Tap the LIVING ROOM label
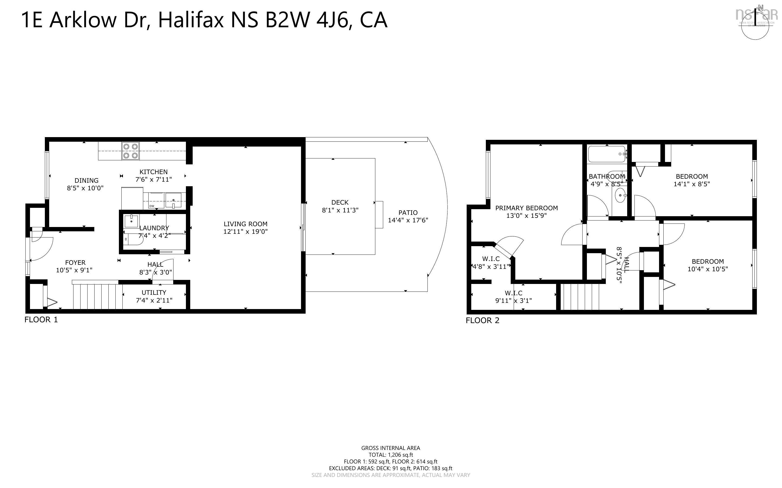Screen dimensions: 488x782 245,224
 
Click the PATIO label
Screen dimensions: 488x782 408,213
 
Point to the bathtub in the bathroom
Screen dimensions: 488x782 606,154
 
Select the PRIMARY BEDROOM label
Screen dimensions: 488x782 526,208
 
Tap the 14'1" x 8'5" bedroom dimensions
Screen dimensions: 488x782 691,184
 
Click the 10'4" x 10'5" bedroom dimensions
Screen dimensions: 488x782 707,269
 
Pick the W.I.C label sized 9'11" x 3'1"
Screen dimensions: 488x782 513,293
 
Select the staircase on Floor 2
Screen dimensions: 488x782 580,296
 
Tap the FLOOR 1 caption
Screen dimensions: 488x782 41,320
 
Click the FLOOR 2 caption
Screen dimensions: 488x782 482,320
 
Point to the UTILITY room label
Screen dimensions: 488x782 154,292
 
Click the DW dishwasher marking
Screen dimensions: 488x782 152,206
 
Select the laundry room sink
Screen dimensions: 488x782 132,221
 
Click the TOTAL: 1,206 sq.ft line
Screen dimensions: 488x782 390,455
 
